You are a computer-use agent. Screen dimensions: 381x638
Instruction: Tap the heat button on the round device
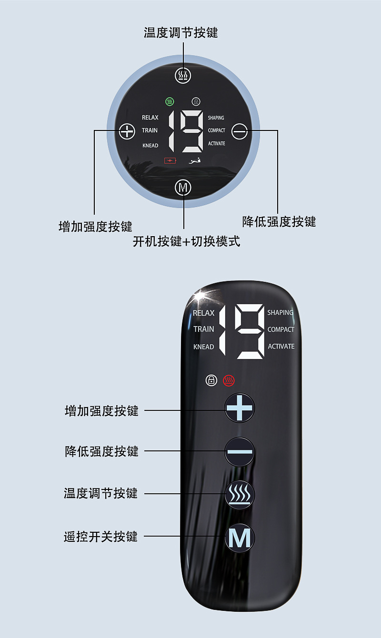point(183,75)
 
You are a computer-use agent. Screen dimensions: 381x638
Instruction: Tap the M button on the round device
point(183,188)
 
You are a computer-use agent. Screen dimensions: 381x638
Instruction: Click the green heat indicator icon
point(170,101)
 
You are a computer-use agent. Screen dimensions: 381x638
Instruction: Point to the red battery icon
point(170,160)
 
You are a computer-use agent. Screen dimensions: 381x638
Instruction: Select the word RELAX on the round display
point(150,118)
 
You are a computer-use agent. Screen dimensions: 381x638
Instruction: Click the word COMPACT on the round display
point(216,130)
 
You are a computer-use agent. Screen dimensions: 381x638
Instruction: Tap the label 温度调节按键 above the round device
point(181,32)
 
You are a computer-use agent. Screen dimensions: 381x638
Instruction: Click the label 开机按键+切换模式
point(187,241)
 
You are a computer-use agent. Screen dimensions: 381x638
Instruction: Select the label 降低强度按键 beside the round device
point(279,221)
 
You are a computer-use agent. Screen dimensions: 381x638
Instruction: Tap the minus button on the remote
point(240,451)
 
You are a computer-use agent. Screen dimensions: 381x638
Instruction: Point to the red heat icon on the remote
point(229,380)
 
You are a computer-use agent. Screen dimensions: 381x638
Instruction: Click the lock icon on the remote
point(211,380)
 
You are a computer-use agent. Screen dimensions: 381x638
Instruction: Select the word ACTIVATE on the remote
point(281,346)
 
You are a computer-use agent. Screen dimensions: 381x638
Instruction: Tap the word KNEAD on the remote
point(203,347)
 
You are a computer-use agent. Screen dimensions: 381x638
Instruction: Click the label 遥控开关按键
point(101,537)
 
